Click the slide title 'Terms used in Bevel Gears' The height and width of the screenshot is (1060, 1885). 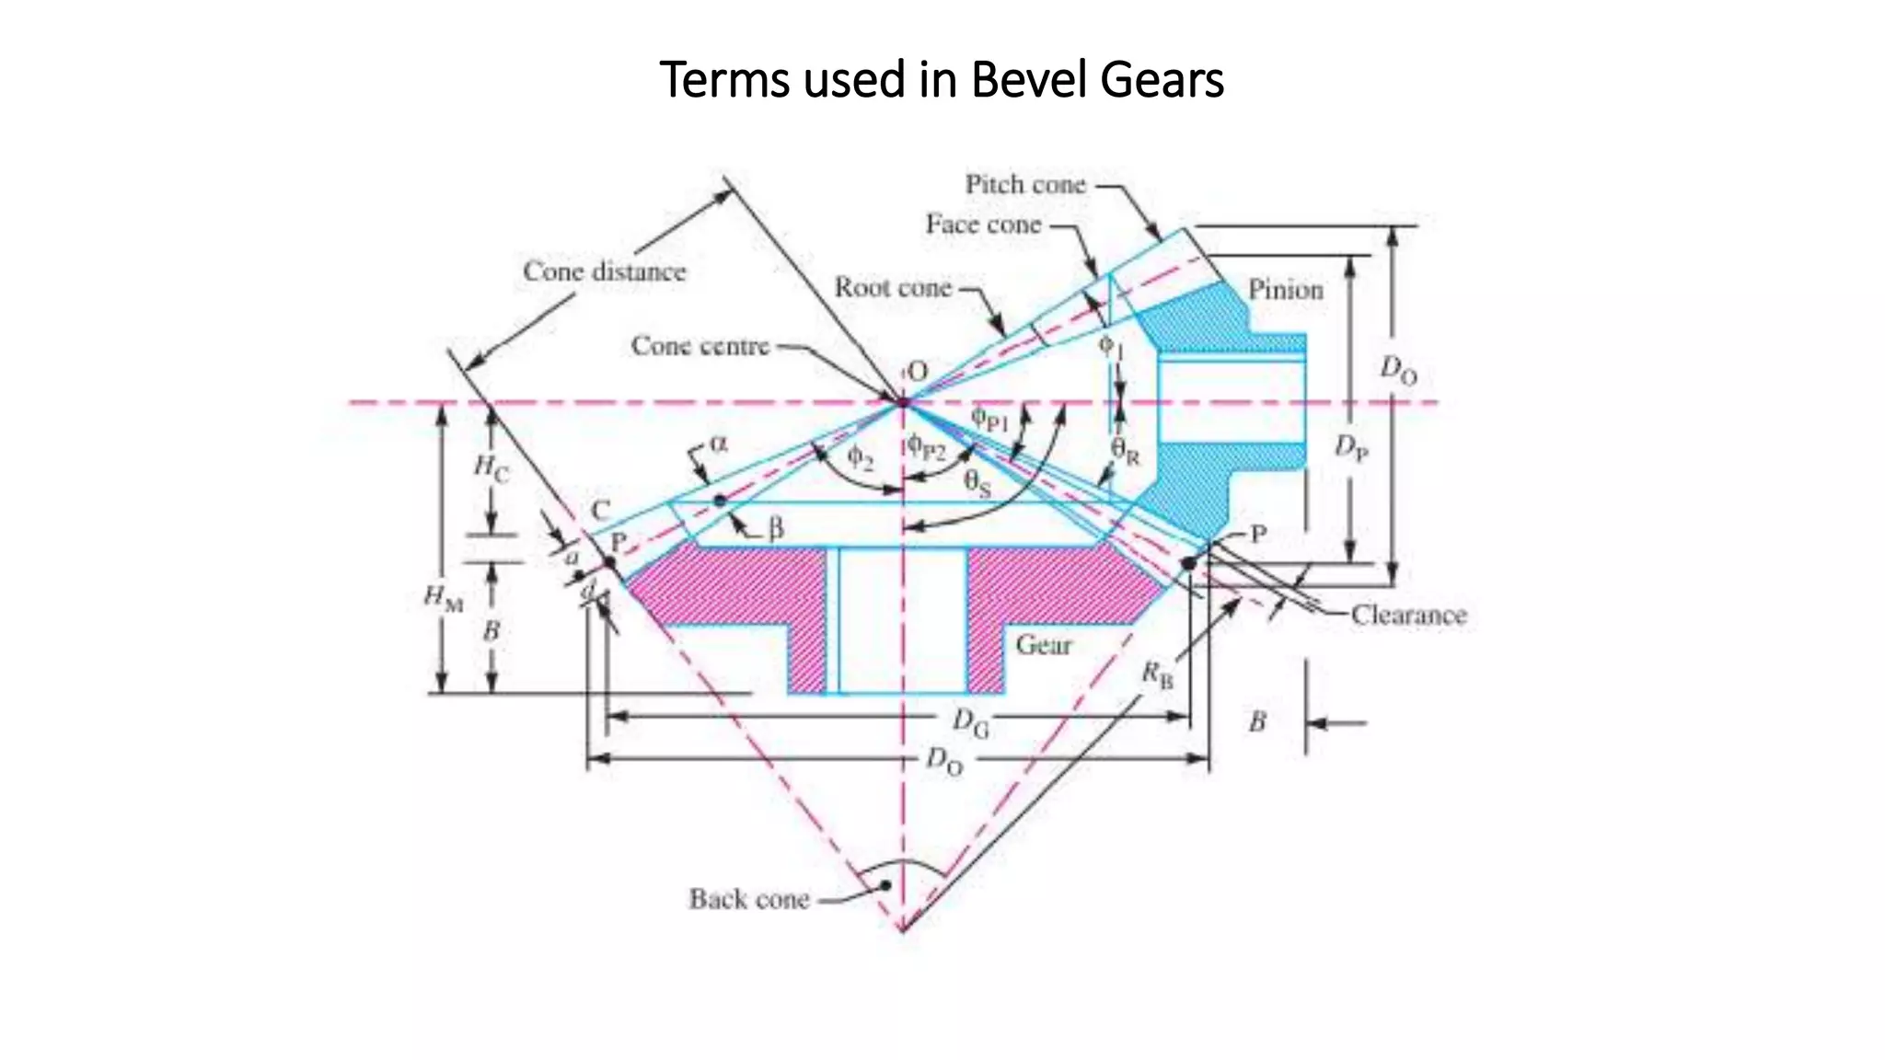(x=942, y=79)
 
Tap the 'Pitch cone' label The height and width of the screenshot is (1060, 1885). (x=1025, y=185)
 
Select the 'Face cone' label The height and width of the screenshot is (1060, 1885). (x=983, y=225)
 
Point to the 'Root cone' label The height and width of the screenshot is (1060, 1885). (x=892, y=287)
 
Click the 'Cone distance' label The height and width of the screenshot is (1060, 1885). (x=605, y=271)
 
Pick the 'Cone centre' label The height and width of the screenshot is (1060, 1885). (x=700, y=346)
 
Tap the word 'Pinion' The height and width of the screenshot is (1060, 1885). (x=1285, y=290)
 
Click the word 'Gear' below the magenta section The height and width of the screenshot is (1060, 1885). (x=1044, y=644)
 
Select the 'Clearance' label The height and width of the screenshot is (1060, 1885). (x=1408, y=615)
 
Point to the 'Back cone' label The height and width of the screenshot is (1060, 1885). (x=749, y=899)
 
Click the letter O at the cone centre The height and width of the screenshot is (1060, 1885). (x=918, y=372)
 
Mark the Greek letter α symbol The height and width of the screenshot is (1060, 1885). (x=719, y=444)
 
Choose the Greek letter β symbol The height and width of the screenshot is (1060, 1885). (x=776, y=529)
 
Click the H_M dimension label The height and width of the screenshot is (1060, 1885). (x=443, y=598)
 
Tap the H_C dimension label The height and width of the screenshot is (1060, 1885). (x=491, y=467)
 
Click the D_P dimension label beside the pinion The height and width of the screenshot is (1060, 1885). (x=1351, y=448)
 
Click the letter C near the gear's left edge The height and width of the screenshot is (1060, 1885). (x=600, y=511)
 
